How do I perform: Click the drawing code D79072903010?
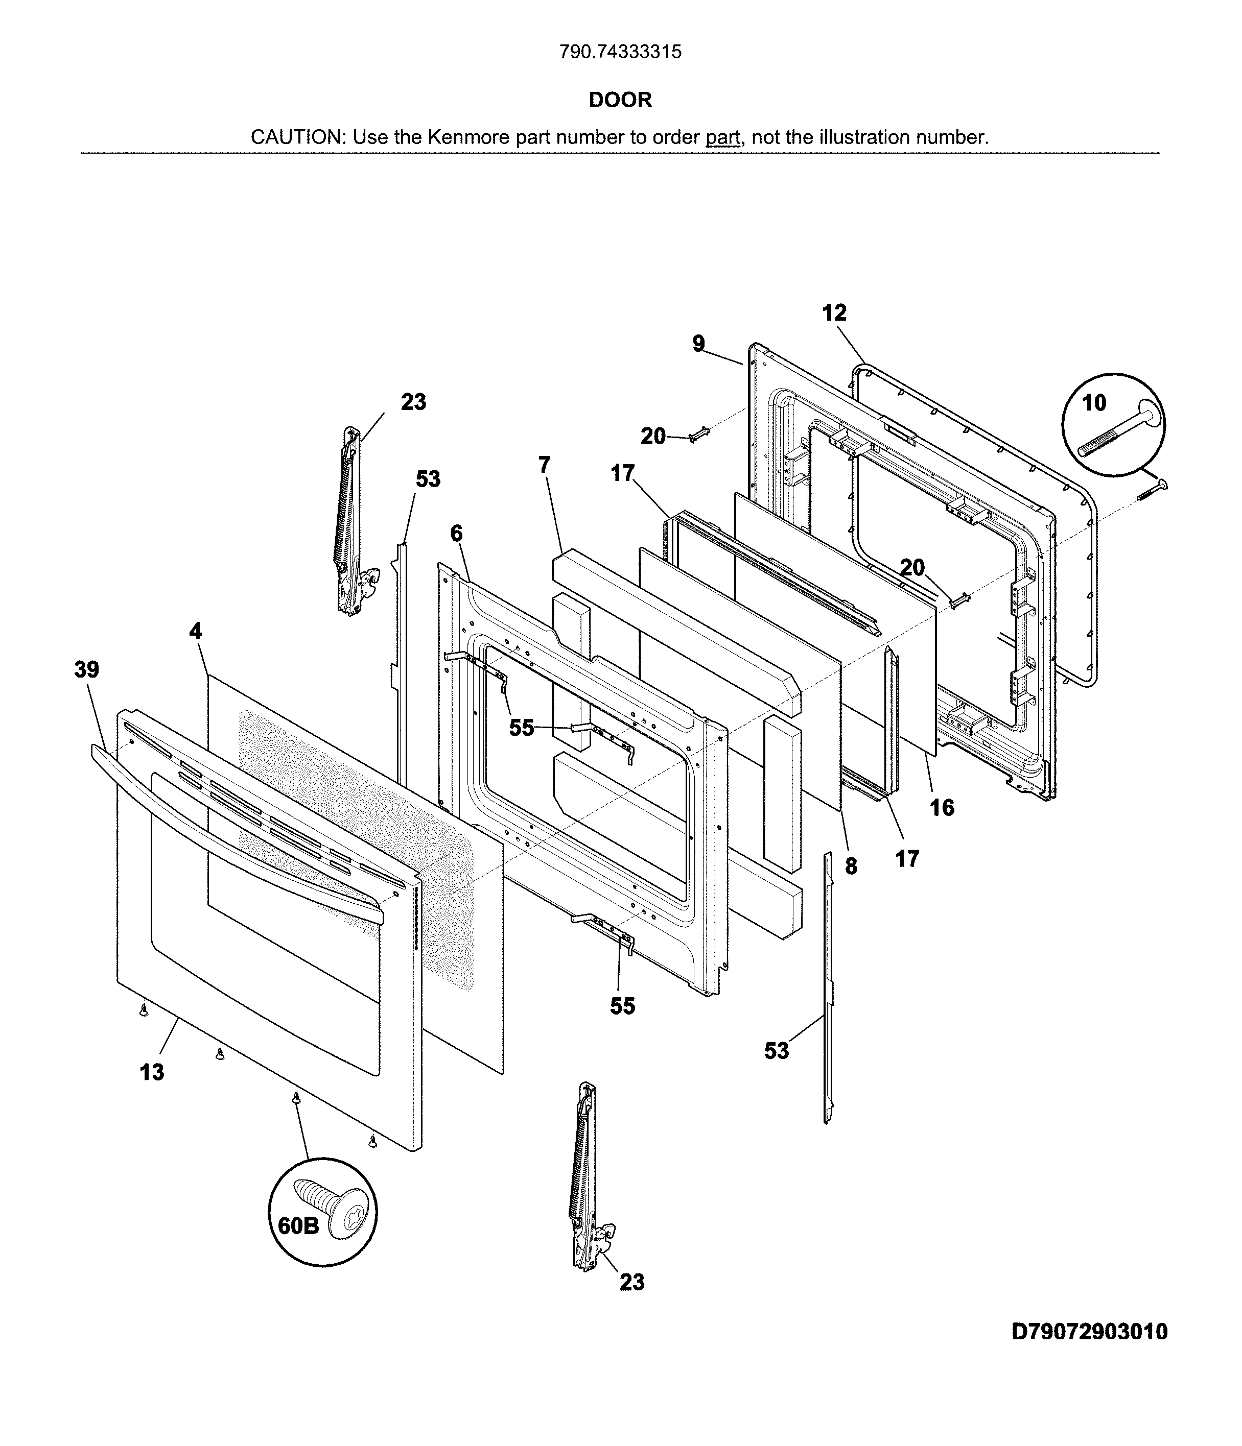point(1089,1332)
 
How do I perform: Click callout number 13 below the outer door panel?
point(152,1072)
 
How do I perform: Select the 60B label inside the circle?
point(298,1225)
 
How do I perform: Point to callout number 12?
point(834,312)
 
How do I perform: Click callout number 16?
point(942,807)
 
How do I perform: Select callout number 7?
point(545,465)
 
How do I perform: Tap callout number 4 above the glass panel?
point(196,631)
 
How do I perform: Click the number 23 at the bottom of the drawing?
point(632,1283)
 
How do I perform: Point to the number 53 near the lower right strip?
point(777,1051)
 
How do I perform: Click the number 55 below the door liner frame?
point(623,1006)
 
